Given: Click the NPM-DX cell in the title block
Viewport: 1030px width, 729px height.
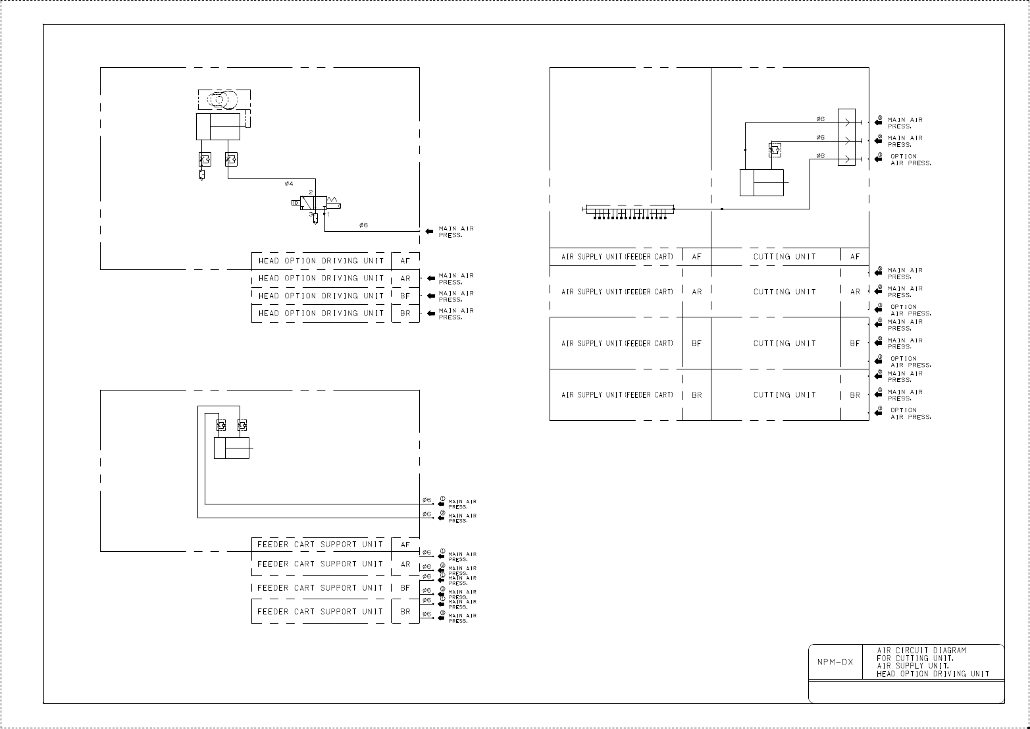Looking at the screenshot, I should (835, 662).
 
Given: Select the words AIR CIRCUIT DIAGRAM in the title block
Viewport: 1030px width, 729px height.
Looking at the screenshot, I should (921, 651).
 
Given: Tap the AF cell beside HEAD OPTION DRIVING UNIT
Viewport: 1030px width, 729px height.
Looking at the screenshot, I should (405, 261).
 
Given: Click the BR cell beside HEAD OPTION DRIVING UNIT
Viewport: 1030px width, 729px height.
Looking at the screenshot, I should (405, 313).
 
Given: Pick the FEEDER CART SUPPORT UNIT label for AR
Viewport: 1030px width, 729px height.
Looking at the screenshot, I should (321, 564).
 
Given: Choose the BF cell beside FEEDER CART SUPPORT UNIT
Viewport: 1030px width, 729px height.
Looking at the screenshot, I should (405, 588).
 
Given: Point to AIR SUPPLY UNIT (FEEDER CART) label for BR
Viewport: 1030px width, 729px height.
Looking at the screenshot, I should (617, 395).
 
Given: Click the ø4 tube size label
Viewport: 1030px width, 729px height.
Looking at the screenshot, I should (289, 183).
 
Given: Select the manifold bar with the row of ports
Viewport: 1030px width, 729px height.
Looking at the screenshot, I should (629, 209).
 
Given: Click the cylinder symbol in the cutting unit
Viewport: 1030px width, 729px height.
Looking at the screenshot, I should (761, 182).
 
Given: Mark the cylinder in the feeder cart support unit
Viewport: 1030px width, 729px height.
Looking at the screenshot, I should (232, 448).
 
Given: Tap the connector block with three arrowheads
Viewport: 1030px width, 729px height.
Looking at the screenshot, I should (846, 137).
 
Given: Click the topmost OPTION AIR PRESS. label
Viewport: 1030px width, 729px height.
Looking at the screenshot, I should (910, 159).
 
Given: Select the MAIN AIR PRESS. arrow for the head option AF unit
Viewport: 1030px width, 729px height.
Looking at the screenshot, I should (430, 231).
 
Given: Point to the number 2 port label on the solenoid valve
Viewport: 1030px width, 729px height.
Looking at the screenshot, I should (311, 192).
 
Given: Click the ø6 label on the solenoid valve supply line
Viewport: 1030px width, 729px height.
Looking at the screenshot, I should (363, 225).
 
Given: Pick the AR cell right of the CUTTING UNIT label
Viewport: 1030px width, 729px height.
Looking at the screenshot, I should (855, 292).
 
